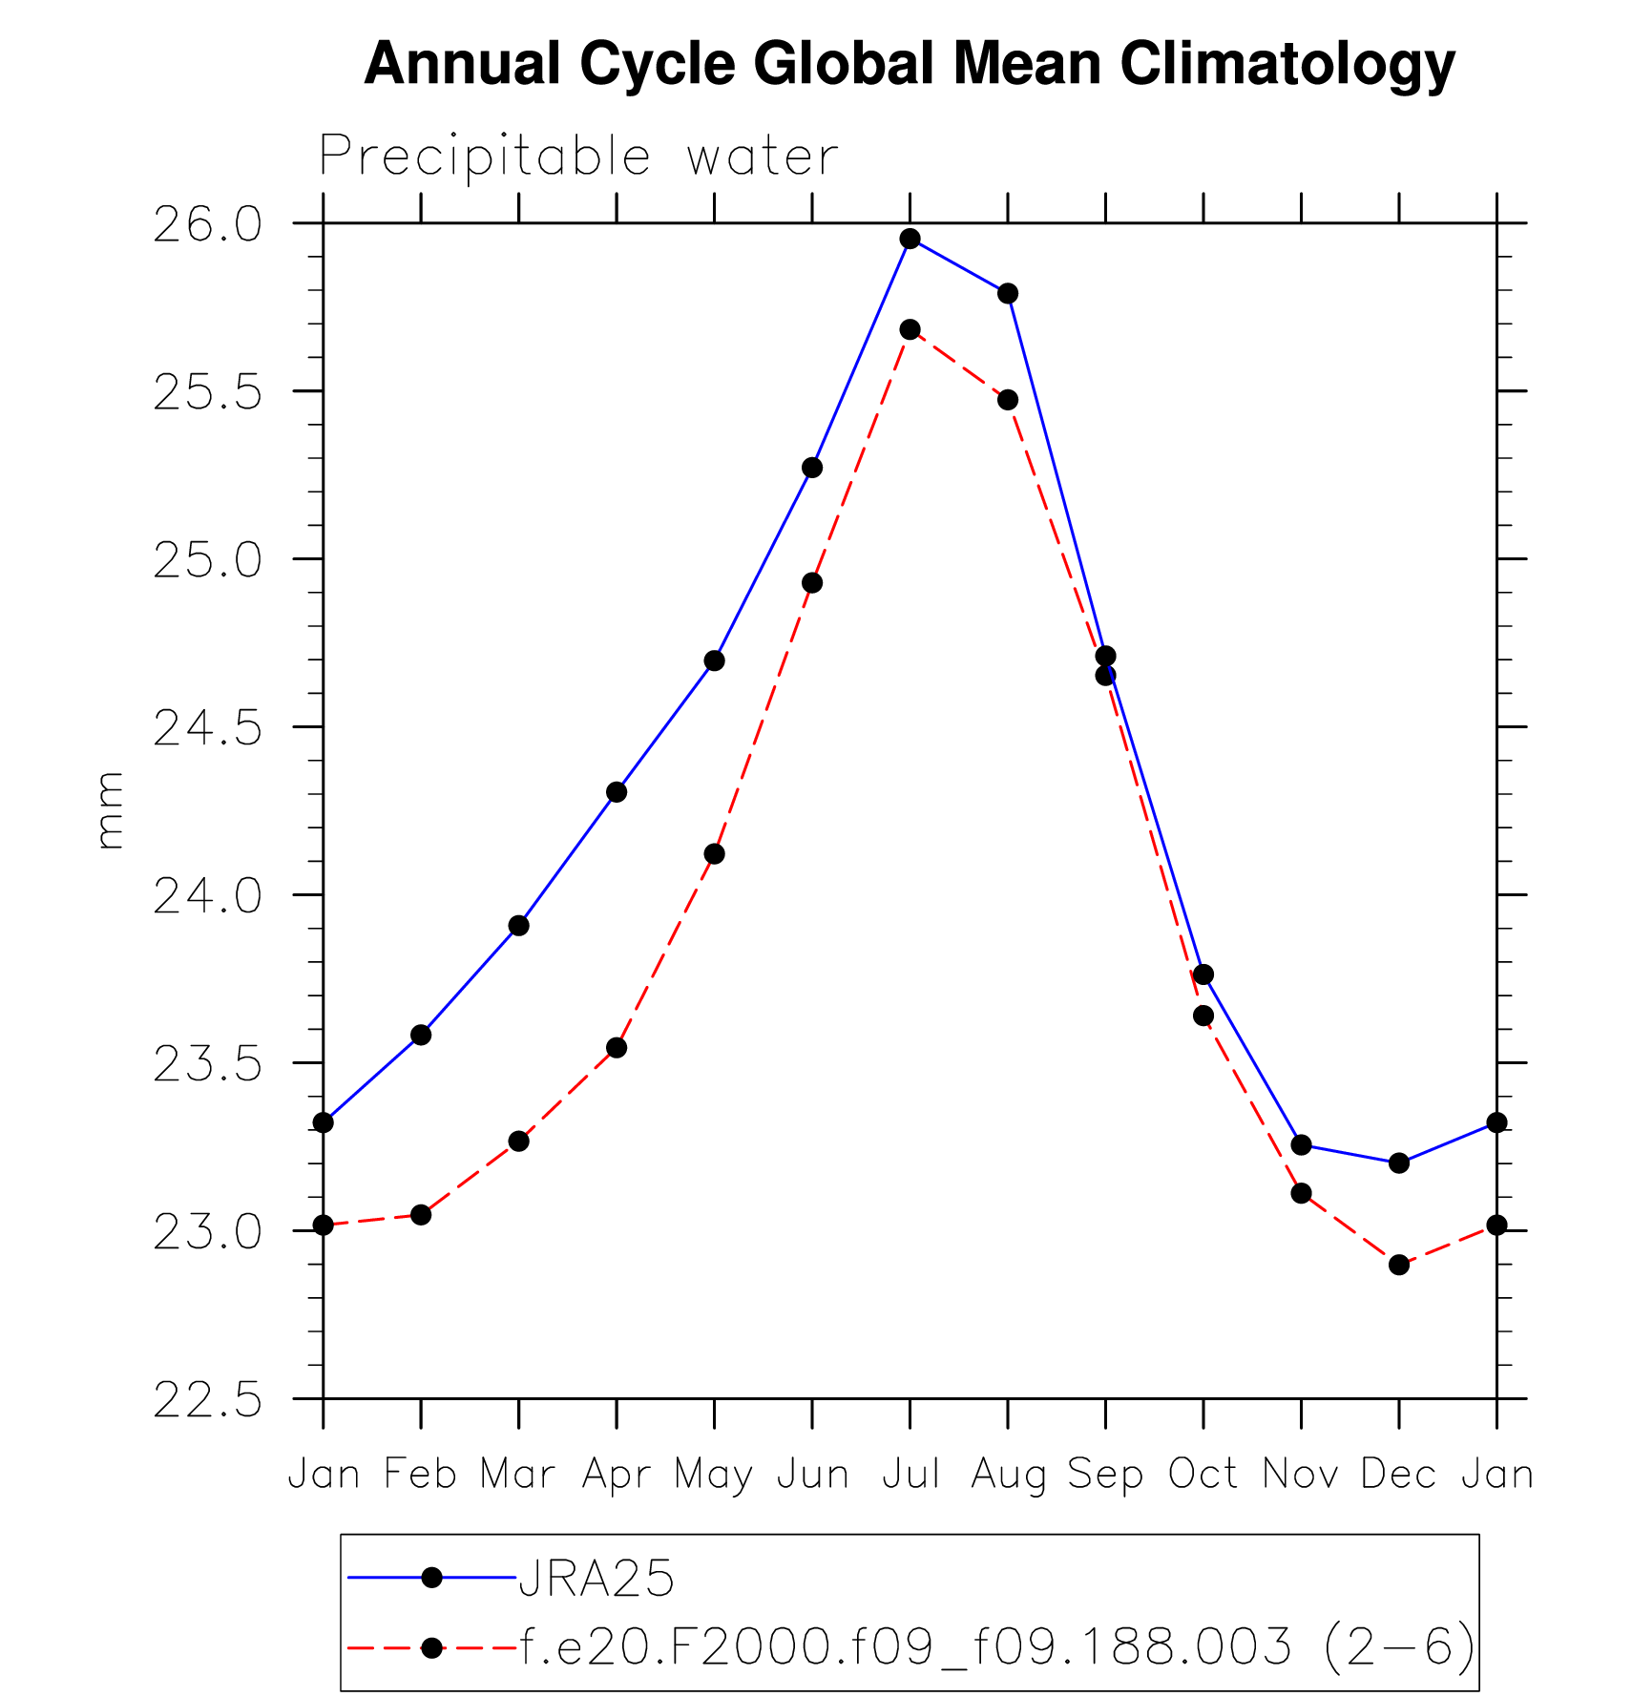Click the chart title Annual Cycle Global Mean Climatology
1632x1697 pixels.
tap(910, 65)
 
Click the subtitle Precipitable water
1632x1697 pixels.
tap(578, 156)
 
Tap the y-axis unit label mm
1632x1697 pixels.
tap(111, 810)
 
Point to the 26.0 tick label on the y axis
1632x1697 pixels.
tap(207, 226)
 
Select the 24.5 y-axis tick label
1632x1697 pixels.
tap(207, 730)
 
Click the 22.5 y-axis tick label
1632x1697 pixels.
tap(207, 1402)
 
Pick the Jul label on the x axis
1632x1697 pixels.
tap(910, 1475)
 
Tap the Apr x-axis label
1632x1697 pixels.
tap(617, 1476)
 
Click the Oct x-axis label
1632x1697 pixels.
tap(1203, 1475)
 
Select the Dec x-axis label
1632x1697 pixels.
tap(1398, 1475)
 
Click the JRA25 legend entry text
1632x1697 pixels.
tap(596, 1579)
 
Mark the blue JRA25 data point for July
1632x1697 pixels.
tap(910, 239)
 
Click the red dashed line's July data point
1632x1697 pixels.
tap(910, 329)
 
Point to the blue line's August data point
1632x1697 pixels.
tap(1008, 293)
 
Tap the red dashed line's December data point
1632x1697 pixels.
tap(1399, 1265)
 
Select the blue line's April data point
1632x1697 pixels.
tap(617, 792)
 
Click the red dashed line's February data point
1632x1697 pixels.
tap(421, 1214)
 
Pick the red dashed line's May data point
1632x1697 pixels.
tap(715, 853)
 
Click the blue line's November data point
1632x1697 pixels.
tap(1301, 1144)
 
